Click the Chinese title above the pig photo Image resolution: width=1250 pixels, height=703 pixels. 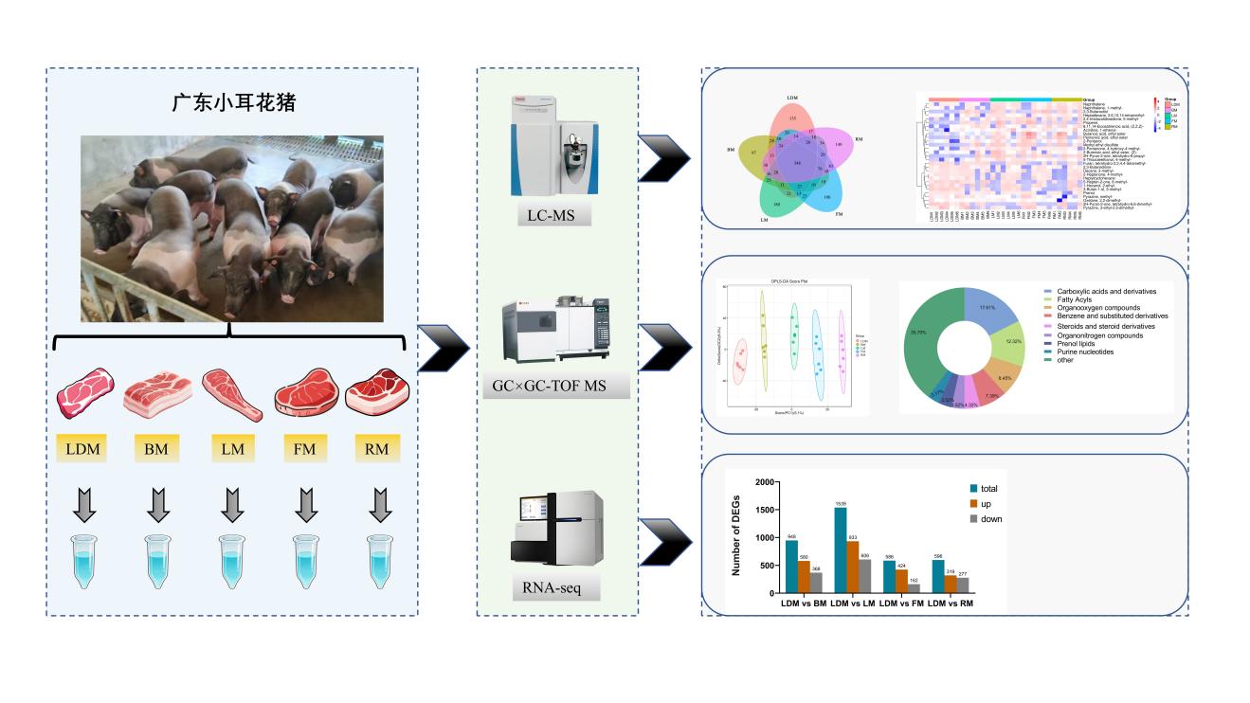(x=233, y=101)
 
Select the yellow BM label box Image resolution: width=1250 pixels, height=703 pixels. (x=156, y=448)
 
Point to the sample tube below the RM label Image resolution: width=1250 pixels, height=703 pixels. (x=379, y=561)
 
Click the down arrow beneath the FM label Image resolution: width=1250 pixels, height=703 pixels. (x=304, y=503)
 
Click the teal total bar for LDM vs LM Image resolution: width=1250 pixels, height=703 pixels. (x=841, y=550)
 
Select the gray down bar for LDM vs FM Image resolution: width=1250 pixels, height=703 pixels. (x=914, y=588)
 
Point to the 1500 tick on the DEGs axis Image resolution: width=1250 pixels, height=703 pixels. (x=761, y=509)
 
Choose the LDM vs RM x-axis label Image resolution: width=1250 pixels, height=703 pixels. (x=951, y=604)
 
